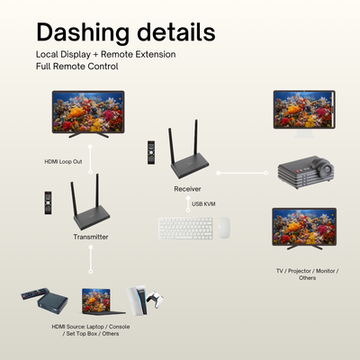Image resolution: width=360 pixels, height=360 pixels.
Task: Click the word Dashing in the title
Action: coord(83,33)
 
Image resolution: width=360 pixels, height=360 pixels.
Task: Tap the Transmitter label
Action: coord(91,237)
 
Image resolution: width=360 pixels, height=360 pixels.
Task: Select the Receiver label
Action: coord(187,189)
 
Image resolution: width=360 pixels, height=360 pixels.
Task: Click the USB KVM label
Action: coord(203,204)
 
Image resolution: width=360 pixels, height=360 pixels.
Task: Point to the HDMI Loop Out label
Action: coord(63,162)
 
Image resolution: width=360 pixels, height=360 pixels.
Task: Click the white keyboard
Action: coord(185,229)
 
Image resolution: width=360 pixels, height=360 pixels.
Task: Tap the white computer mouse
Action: coord(224,228)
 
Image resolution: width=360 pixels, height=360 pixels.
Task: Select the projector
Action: coord(306,172)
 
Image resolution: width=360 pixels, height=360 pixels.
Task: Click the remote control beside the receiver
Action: coord(151,152)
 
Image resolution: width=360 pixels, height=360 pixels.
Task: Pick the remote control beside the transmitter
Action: coord(48,202)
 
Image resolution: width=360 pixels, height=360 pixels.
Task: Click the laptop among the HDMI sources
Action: coord(101,301)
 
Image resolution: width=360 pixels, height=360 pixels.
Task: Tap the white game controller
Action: coord(155,299)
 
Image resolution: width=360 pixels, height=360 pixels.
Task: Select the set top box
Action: coord(52,302)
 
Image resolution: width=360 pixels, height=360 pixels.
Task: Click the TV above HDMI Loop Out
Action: coord(88,114)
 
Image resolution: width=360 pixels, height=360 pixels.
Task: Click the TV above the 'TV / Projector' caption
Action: coord(304,229)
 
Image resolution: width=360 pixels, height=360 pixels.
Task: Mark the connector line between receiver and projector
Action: coord(242,173)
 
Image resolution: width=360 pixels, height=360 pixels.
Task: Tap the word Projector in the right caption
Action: coord(299,271)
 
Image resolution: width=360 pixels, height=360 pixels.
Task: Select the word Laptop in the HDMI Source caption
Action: coord(95,327)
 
